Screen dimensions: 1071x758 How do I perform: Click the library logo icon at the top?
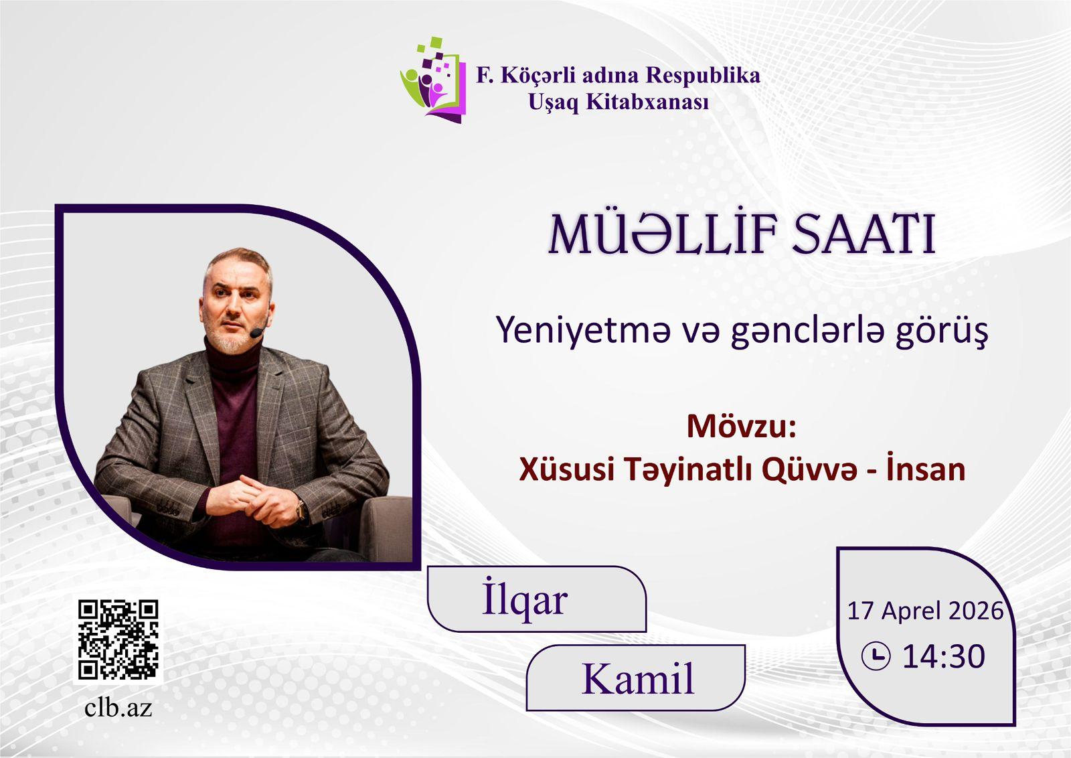click(x=432, y=80)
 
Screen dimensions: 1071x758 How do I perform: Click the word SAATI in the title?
click(x=863, y=235)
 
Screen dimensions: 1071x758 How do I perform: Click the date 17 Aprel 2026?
click(x=924, y=611)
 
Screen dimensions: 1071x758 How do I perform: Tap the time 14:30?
click(x=943, y=656)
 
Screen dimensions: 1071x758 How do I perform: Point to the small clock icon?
click(x=876, y=656)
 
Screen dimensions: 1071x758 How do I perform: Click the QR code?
click(x=118, y=639)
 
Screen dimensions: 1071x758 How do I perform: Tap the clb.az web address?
click(x=118, y=708)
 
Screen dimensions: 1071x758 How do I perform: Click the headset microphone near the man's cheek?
click(x=257, y=332)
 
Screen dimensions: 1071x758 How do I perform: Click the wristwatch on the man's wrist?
click(x=301, y=510)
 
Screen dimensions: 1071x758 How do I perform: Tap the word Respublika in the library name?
click(x=702, y=76)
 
